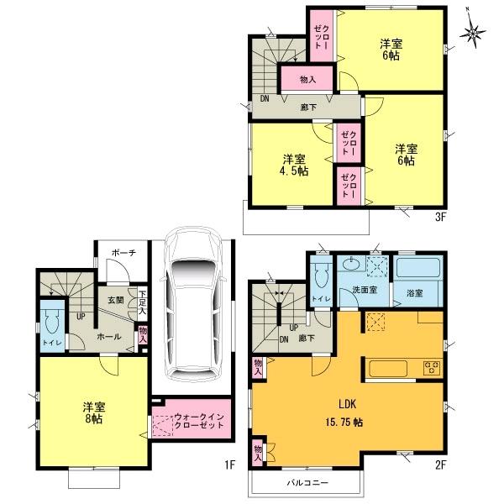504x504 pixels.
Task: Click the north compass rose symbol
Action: click(475, 33)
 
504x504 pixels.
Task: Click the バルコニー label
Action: click(307, 482)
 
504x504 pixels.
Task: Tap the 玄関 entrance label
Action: click(115, 299)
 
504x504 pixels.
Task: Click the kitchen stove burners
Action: click(432, 367)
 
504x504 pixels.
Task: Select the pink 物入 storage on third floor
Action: click(307, 79)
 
